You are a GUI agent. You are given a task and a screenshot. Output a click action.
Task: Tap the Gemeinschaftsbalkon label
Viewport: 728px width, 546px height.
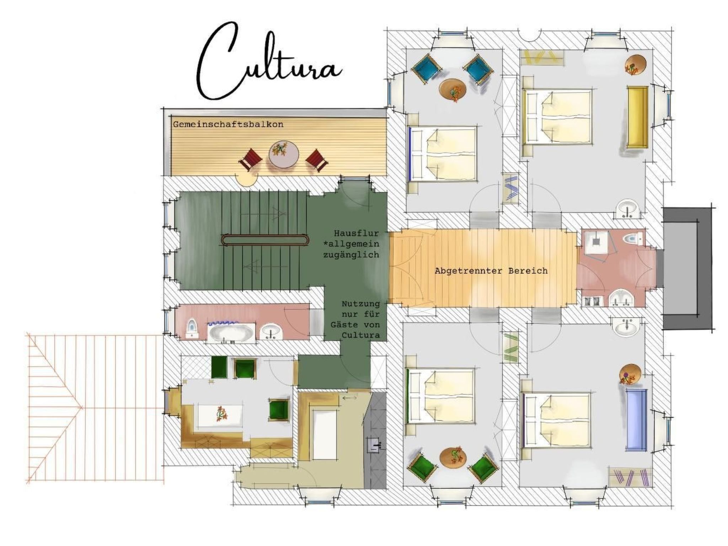click(x=228, y=124)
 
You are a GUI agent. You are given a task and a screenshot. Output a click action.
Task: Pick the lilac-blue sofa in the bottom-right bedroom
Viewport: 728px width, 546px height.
click(x=636, y=420)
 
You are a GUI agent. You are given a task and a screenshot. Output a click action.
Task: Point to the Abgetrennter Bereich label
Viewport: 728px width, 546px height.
click(x=491, y=271)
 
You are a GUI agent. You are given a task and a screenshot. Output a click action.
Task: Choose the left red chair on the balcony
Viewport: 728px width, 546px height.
click(x=251, y=160)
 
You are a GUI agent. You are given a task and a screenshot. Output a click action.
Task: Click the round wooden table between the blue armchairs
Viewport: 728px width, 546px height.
click(x=453, y=89)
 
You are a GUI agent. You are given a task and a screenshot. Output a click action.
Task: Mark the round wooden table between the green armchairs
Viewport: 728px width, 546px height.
click(x=453, y=457)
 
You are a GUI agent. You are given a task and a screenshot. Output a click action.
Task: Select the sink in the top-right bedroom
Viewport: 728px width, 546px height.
click(x=627, y=208)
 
